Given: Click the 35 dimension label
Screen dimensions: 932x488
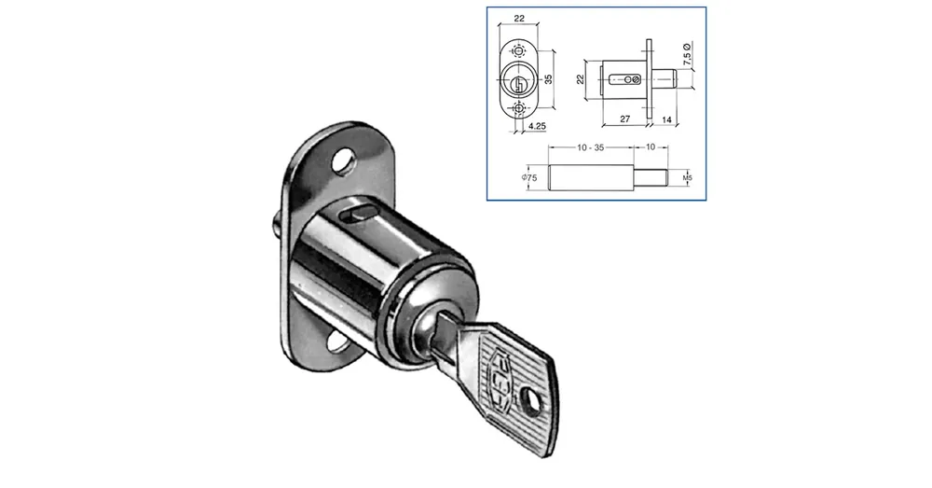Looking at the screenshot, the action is point(549,78).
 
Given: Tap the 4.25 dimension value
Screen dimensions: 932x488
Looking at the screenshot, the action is point(537,126).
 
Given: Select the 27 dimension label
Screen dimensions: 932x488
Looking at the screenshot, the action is point(624,119).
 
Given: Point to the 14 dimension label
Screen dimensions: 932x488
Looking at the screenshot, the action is point(666,119).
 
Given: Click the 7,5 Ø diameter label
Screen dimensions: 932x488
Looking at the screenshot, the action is point(687,54).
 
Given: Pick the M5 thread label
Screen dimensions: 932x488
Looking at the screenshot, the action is point(688,177).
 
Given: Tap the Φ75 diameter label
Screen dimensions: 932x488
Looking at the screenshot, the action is point(529,177).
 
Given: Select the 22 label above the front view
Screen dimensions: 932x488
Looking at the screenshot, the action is point(519,18).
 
